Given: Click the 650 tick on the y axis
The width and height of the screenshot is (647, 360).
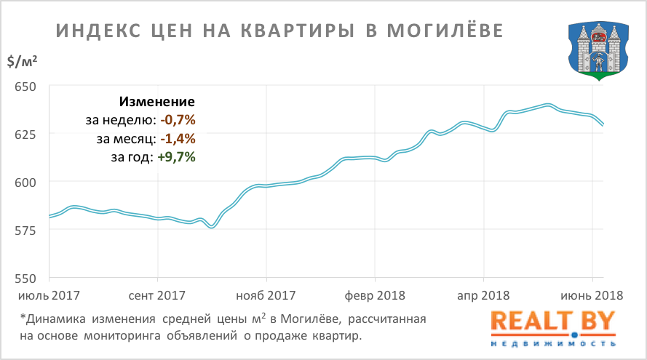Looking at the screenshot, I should pyautogui.click(x=25, y=87).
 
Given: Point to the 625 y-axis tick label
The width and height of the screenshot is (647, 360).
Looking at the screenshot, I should pyautogui.click(x=25, y=135).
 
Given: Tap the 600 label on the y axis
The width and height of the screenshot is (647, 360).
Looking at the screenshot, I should pyautogui.click(x=25, y=183).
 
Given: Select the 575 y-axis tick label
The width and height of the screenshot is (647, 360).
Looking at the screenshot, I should pyautogui.click(x=25, y=231).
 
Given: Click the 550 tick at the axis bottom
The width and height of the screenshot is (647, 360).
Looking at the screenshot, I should pyautogui.click(x=25, y=279).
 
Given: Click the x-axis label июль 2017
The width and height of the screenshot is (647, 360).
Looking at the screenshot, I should pyautogui.click(x=49, y=296).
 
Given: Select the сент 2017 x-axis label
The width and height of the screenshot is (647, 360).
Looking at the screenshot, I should pyautogui.click(x=157, y=296).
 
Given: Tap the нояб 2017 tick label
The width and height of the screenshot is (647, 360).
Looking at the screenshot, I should pyautogui.click(x=266, y=296).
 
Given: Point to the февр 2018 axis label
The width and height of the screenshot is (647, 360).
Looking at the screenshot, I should pyautogui.click(x=374, y=296).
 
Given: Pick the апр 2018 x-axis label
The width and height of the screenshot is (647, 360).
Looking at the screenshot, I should pyautogui.click(x=483, y=296).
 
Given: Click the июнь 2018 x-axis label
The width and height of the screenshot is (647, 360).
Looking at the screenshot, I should pyautogui.click(x=592, y=296).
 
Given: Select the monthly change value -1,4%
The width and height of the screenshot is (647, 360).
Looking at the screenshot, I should pyautogui.click(x=178, y=138).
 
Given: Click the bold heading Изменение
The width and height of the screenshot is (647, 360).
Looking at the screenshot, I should pyautogui.click(x=157, y=102).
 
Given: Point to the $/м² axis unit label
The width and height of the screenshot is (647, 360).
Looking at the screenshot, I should pyautogui.click(x=23, y=62).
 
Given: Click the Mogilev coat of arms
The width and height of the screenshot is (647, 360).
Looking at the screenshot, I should pyautogui.click(x=598, y=49).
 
